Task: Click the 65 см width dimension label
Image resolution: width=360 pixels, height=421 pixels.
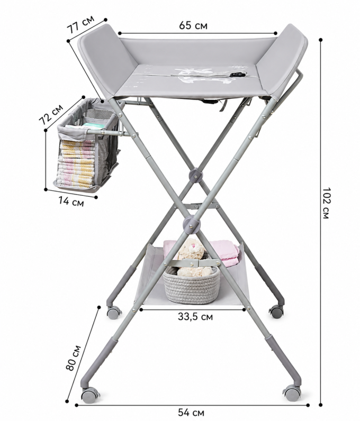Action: pyautogui.click(x=193, y=25)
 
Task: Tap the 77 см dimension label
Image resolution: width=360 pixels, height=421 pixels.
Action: pyautogui.click(x=80, y=24)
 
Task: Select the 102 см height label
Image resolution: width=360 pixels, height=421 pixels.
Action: pyautogui.click(x=326, y=203)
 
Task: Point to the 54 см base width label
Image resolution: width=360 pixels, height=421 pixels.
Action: pyautogui.click(x=191, y=412)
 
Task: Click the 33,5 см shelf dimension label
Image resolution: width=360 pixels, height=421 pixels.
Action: pyautogui.click(x=195, y=317)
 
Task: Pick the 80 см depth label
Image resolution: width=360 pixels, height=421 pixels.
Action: pyautogui.click(x=74, y=358)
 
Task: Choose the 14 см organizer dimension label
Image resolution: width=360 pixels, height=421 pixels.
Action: pyautogui.click(x=71, y=202)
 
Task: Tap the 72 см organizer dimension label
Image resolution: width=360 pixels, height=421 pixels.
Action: pyautogui.click(x=51, y=114)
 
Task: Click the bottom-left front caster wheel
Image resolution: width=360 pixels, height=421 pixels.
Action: pyautogui.click(x=90, y=395)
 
